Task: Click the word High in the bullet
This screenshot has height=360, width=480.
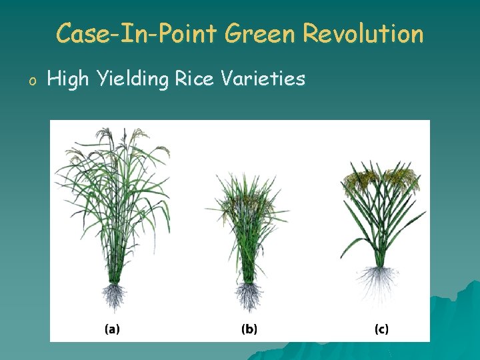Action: tap(69, 80)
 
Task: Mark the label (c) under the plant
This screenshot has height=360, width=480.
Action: tap(381, 329)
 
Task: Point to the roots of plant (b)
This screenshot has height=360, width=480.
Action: tap(249, 297)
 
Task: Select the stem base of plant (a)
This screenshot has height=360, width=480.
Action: tap(115, 273)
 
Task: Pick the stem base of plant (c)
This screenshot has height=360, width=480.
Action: tap(381, 257)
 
